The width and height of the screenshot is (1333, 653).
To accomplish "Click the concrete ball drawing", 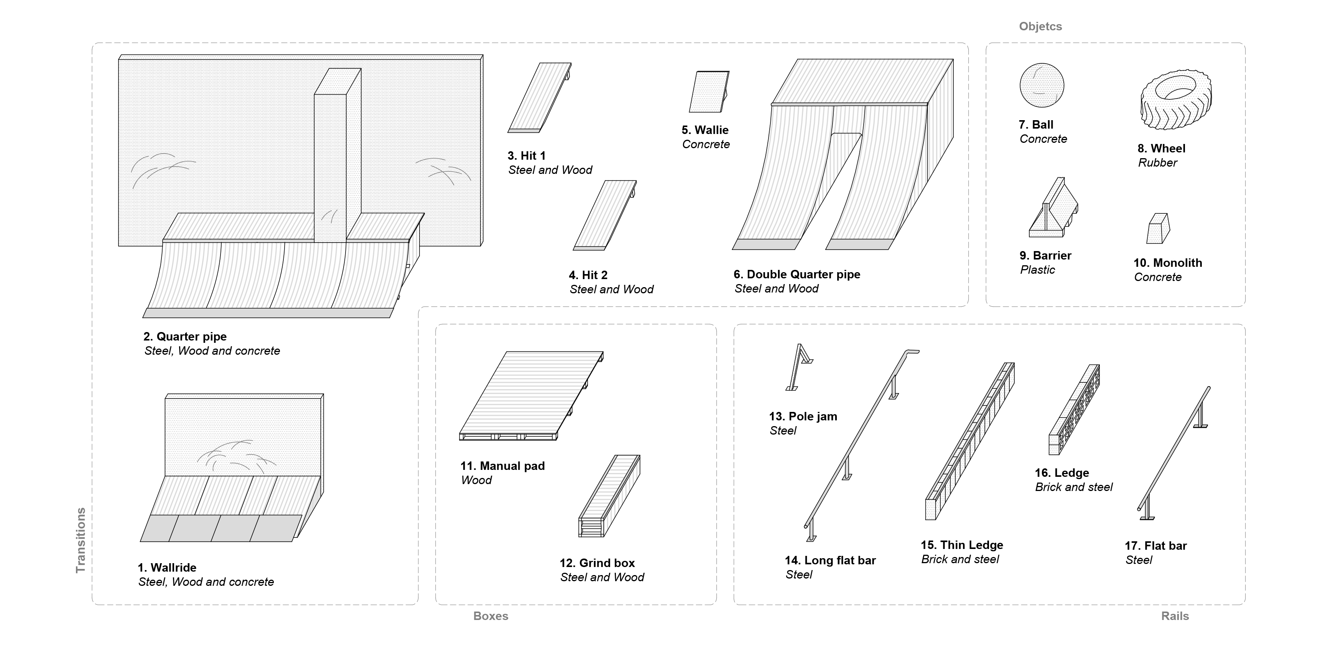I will (1041, 86).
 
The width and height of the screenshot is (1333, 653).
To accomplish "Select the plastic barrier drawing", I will (1052, 210).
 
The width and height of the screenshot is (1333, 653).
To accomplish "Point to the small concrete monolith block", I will (1158, 228).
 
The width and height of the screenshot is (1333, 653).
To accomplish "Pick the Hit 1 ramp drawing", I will (539, 98).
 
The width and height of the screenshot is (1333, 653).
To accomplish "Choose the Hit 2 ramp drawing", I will (604, 215).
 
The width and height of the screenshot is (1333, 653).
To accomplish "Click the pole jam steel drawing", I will (798, 366).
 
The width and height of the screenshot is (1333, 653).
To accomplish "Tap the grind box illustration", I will (609, 496).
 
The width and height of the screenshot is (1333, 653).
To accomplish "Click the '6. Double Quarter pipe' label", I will (797, 274).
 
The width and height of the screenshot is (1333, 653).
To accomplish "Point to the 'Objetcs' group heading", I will (1040, 26).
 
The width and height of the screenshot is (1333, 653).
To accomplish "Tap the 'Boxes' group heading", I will (490, 616).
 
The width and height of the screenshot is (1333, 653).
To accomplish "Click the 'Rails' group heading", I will (1175, 616).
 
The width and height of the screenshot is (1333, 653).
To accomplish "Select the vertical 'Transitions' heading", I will (81, 540).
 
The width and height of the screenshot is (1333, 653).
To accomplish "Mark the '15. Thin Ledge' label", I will (961, 545).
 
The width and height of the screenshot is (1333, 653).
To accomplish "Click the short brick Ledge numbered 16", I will (1074, 410).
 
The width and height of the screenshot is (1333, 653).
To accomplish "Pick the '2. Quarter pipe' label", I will (185, 337).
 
